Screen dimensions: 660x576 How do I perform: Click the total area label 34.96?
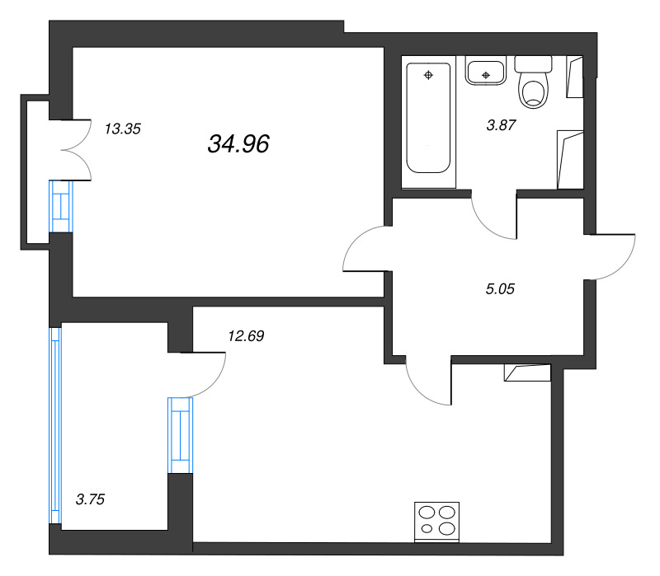238,143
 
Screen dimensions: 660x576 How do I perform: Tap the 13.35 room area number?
122,129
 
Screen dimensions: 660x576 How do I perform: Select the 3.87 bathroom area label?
501,125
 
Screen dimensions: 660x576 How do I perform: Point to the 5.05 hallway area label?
500,289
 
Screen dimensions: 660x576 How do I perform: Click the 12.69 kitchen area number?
246,336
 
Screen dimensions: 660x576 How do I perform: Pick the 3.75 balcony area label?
90,499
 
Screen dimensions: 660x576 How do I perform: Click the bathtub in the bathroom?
428,118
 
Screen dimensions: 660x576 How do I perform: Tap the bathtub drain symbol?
428,75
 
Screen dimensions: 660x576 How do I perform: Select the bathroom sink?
485,72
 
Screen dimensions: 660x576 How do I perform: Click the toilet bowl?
534,91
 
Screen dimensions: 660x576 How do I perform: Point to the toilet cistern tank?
533,64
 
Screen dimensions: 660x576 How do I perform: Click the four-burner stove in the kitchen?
436,522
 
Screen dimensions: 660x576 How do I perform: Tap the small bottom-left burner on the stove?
427,528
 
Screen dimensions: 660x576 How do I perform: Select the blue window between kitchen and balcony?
180,435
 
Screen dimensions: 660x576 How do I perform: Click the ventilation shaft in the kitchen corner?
527,372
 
